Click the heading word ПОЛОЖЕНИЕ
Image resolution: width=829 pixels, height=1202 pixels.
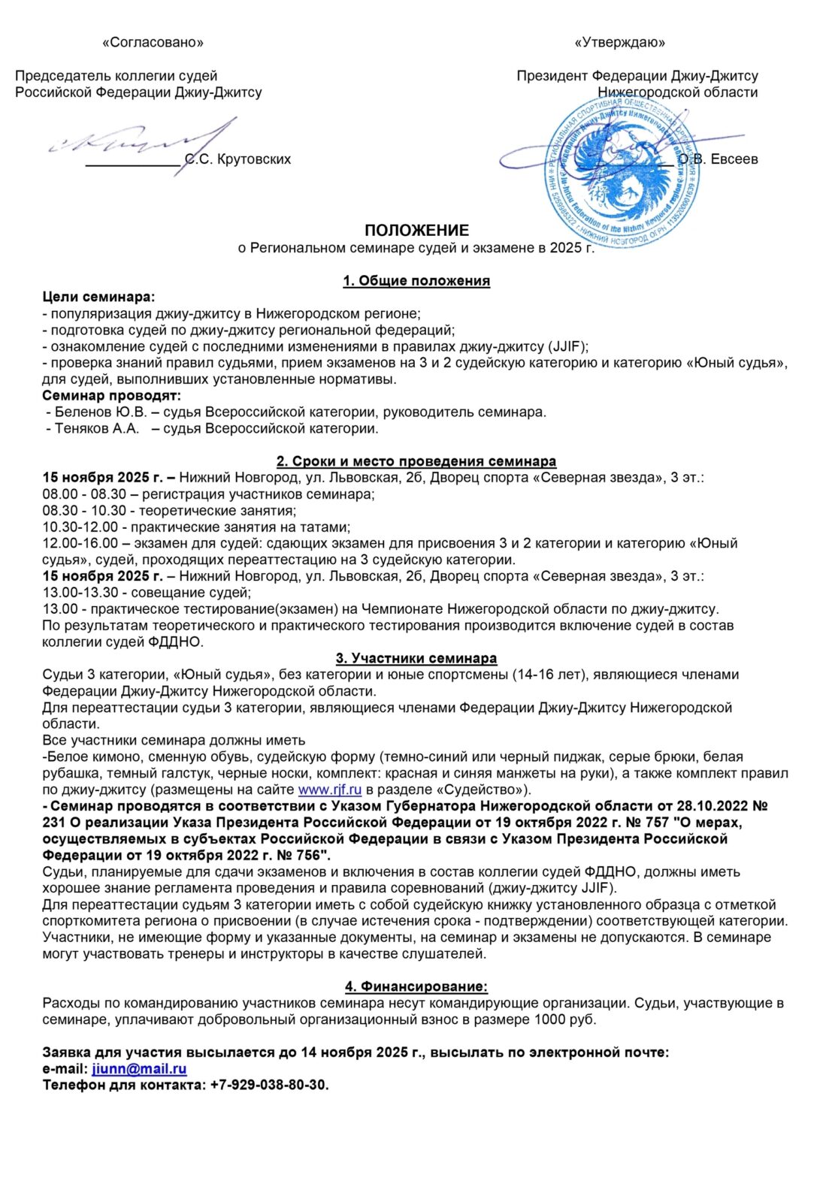[x=416, y=231]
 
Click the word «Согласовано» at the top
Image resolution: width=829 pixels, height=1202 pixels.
[x=153, y=43]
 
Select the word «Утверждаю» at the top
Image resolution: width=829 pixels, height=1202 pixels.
[x=619, y=43]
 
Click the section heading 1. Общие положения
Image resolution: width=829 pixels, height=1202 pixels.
[x=416, y=281]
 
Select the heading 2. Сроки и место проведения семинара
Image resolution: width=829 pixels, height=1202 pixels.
[x=416, y=461]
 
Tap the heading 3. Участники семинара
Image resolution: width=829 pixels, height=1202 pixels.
[x=416, y=658]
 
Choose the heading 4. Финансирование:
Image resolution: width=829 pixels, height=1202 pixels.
[x=416, y=986]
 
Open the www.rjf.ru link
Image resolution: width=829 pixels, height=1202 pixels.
[x=330, y=790]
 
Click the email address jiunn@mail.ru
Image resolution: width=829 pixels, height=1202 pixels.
[x=139, y=1069]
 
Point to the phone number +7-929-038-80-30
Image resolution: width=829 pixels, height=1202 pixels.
[x=269, y=1086]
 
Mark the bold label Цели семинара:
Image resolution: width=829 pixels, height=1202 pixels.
[x=98, y=297]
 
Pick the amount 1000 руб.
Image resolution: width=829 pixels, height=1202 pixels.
[x=564, y=1019]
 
